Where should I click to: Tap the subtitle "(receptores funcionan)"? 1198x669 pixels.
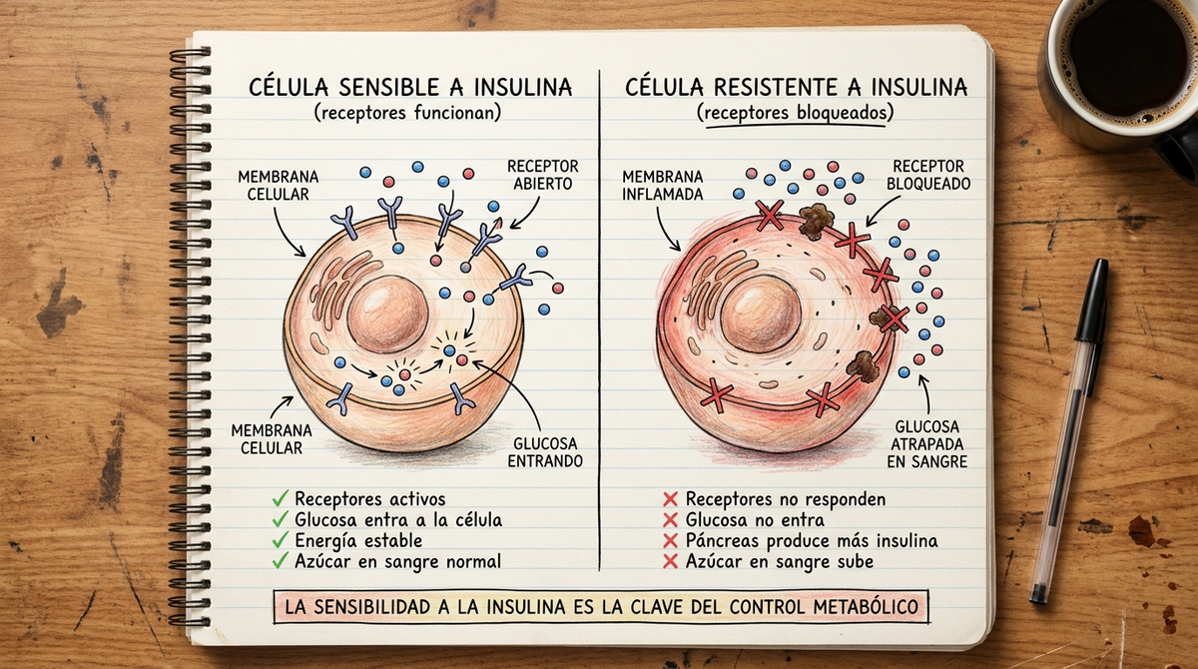(407, 114)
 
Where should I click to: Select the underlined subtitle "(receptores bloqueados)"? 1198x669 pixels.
(795, 114)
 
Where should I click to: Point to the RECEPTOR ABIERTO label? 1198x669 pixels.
(543, 175)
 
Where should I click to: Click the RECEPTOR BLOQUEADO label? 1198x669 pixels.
(928, 175)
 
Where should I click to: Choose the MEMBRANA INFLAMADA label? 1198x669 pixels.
(663, 186)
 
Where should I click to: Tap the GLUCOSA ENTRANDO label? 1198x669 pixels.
(545, 452)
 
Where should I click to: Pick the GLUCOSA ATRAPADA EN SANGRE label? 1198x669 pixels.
(926, 444)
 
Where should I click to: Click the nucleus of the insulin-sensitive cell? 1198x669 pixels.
(387, 314)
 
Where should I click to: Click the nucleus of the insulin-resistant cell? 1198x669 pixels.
(760, 314)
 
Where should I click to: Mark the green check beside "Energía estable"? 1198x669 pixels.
(281, 540)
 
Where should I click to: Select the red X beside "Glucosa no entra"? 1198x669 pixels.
(670, 520)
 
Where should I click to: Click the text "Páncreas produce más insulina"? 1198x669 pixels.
(812, 540)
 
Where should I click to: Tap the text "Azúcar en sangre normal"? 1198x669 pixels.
(398, 561)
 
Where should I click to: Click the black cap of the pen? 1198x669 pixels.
(1092, 300)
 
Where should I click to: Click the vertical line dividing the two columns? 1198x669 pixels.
(599, 320)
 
